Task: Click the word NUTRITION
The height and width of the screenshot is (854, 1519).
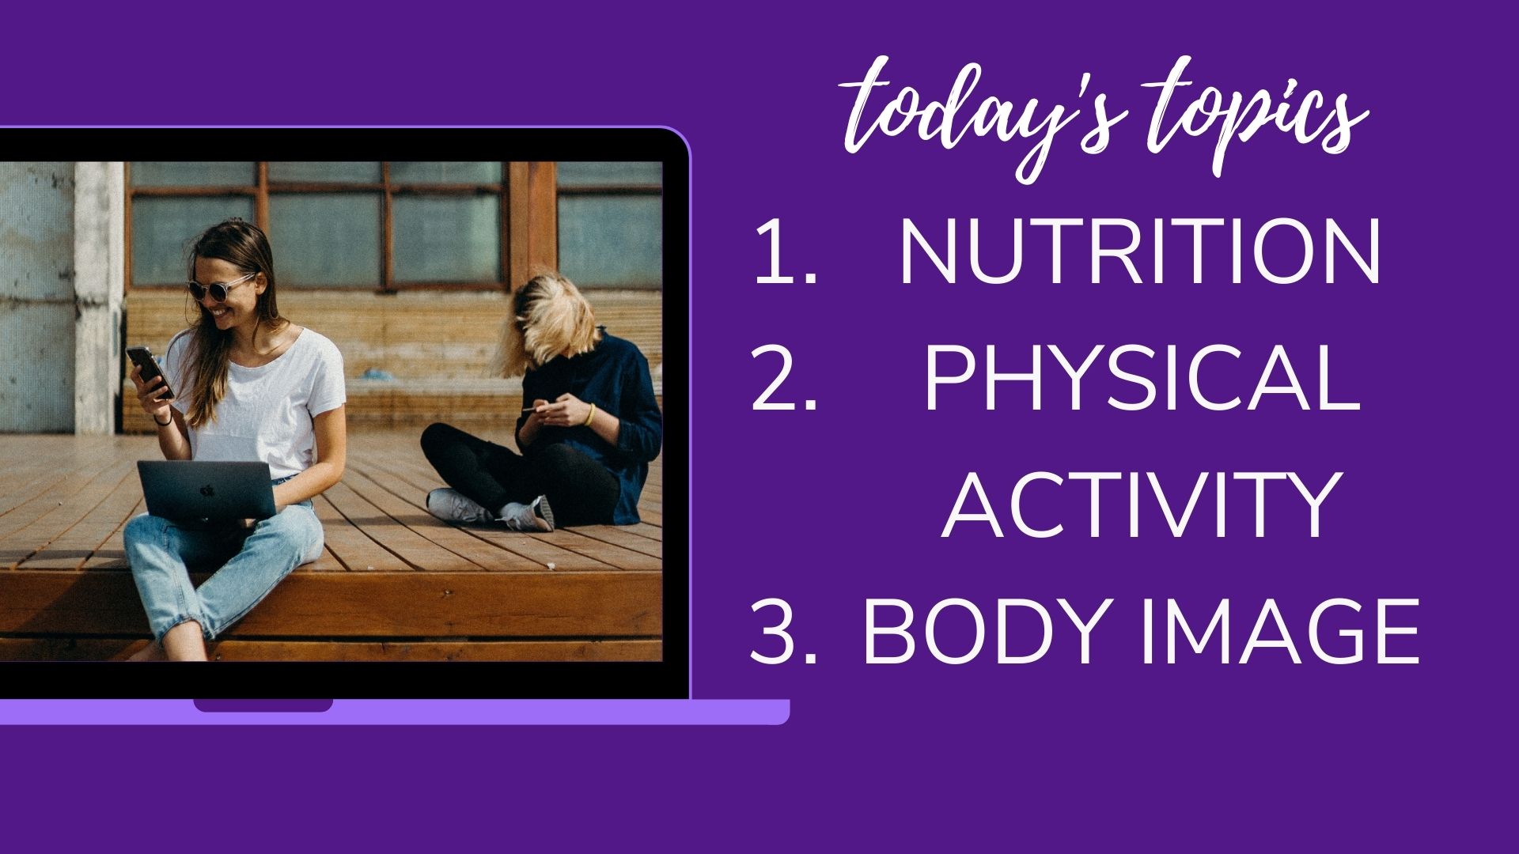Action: tap(1140, 252)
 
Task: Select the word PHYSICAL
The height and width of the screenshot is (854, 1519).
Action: tap(1142, 380)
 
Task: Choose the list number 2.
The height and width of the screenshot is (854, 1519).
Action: tap(783, 380)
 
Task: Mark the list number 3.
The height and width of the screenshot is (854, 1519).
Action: tap(783, 633)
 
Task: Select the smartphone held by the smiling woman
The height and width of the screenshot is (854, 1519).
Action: tap(150, 372)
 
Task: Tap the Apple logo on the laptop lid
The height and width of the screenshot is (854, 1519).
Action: tap(207, 490)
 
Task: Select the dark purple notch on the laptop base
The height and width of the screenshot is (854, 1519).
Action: tap(263, 705)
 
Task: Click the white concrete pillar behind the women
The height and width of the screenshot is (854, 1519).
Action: tap(99, 297)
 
